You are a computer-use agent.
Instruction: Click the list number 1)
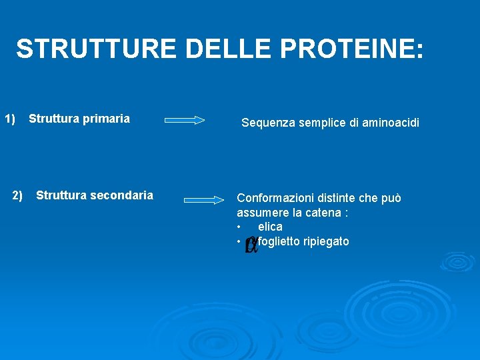[10, 119]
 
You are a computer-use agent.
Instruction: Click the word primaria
[104, 119]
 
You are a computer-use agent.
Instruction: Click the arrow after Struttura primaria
[185, 121]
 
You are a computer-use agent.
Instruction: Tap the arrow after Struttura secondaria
[204, 199]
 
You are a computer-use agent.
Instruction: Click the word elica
[270, 227]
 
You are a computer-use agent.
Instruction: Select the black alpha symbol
[251, 245]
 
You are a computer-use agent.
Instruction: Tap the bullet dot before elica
[239, 227]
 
